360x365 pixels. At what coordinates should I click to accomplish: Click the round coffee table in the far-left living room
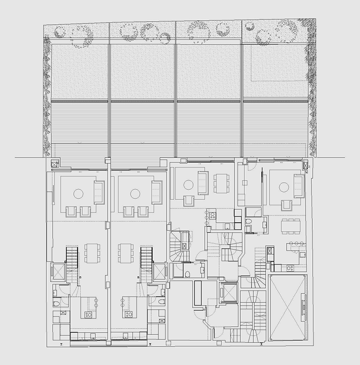point(78,194)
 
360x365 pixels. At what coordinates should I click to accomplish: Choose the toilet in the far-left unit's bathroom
point(57,304)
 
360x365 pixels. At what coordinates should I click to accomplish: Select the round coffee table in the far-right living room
point(284,187)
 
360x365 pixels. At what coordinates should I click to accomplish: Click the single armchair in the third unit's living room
point(190,200)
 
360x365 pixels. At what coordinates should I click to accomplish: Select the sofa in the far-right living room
point(298,186)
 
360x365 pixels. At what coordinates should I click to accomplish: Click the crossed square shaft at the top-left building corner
point(55,164)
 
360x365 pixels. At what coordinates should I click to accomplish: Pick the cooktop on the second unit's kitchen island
point(128,314)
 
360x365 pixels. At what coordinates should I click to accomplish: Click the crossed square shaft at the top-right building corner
point(307,166)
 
